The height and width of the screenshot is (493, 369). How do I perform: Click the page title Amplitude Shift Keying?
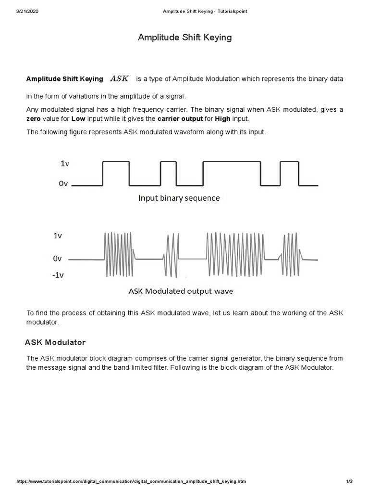pyautogui.click(x=184, y=38)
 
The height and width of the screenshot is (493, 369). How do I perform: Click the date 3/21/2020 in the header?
pyautogui.click(x=27, y=12)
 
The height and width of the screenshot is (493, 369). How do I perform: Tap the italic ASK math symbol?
pyautogui.click(x=120, y=78)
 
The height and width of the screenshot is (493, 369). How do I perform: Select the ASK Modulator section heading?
pyautogui.click(x=55, y=343)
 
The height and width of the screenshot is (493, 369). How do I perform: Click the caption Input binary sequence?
pyautogui.click(x=179, y=198)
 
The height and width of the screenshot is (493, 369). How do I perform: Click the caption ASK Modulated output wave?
pyautogui.click(x=180, y=291)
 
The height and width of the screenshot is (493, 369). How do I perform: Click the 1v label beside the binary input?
pyautogui.click(x=65, y=164)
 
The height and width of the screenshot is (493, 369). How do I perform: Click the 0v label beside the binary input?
pyautogui.click(x=64, y=183)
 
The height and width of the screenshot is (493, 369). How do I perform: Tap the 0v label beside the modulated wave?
pyautogui.click(x=57, y=259)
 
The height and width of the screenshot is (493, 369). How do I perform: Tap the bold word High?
pyautogui.click(x=221, y=119)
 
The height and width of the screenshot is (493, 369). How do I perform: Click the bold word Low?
pyautogui.click(x=78, y=119)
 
